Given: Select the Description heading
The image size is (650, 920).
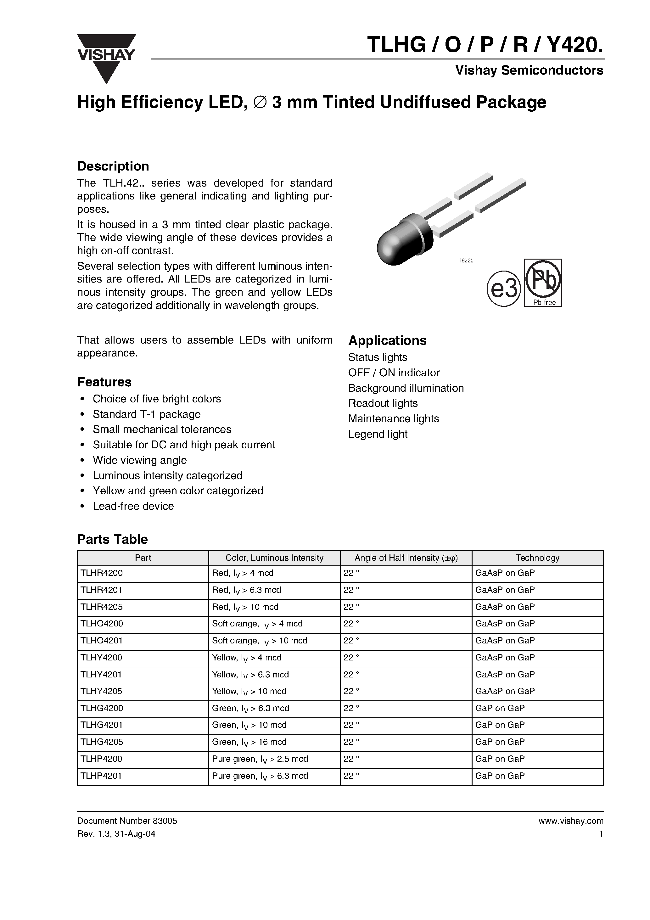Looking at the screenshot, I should tap(113, 166).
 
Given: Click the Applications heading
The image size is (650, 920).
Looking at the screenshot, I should tap(387, 340).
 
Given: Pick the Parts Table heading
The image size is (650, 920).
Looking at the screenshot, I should tap(112, 539).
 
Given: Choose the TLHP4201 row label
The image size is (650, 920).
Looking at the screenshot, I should tap(101, 776).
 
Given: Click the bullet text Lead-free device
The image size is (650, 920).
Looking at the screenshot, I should tap(133, 506).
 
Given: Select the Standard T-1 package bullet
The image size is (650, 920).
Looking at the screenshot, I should tap(146, 414).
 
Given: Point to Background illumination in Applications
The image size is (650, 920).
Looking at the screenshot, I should tap(406, 388).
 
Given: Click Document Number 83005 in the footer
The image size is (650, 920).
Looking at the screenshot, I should tap(127, 821).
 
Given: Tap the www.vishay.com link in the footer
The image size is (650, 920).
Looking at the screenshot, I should tap(571, 821).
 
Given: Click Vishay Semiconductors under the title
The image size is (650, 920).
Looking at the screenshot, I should tap(529, 70).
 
